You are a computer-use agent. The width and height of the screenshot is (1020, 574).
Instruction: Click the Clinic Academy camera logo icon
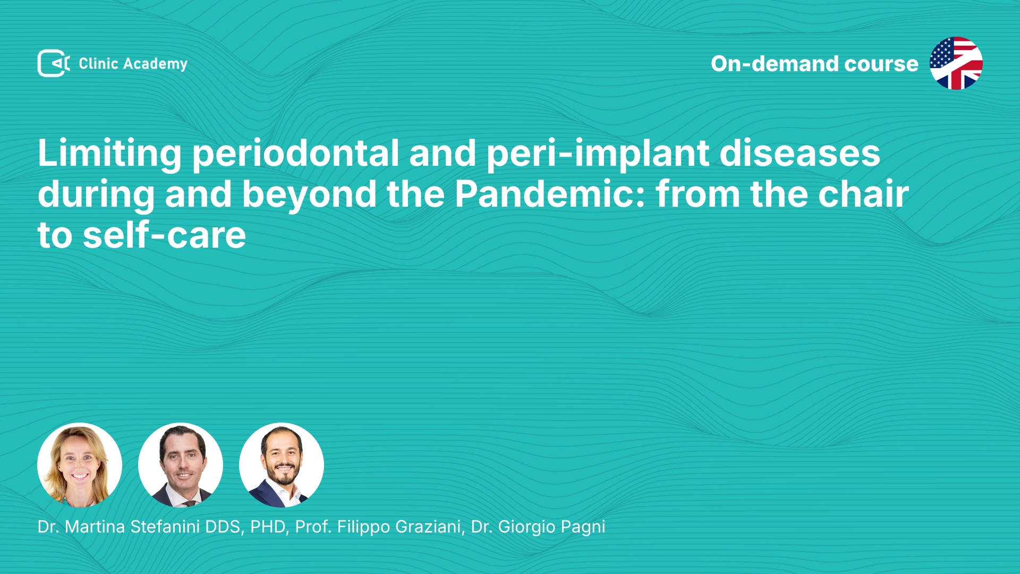tap(54, 63)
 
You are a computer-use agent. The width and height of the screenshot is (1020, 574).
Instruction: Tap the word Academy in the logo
tap(155, 64)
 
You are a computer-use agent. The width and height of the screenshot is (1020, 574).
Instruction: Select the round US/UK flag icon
tap(956, 63)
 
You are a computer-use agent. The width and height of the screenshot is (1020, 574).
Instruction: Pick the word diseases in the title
tap(800, 154)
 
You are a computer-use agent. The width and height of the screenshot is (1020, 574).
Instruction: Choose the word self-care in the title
tap(164, 235)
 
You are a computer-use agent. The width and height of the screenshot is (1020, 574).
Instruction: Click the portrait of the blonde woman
tap(80, 465)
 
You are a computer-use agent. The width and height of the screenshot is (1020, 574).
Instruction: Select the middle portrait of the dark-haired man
tap(181, 465)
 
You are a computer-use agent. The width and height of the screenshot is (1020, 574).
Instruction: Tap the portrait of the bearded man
tap(282, 465)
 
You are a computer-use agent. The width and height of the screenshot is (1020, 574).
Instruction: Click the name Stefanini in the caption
tap(165, 527)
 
